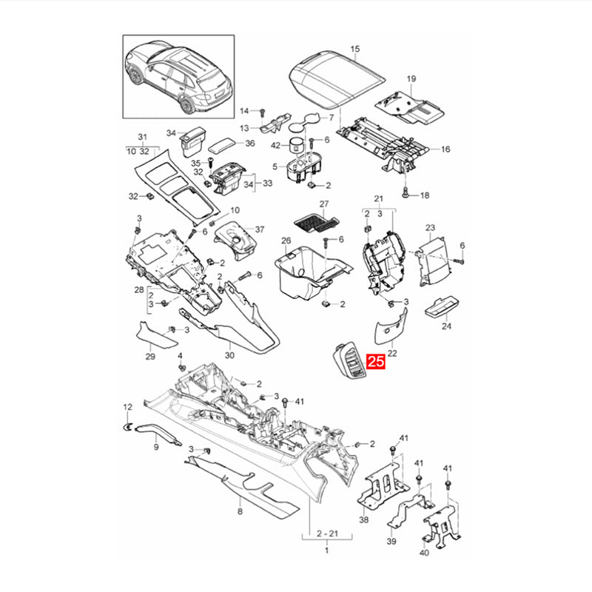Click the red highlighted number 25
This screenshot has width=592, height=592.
(376, 361)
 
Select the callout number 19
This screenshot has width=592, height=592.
(411, 78)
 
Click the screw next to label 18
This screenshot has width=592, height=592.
(406, 192)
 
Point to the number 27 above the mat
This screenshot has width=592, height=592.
(324, 204)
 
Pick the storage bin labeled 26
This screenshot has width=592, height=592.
(313, 272)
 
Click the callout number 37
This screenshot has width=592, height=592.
(260, 229)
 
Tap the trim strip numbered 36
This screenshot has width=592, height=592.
(223, 146)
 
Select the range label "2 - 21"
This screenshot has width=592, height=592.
(327, 534)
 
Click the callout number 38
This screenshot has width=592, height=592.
(363, 519)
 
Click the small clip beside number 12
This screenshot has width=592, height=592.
(127, 427)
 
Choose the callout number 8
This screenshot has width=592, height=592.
(240, 511)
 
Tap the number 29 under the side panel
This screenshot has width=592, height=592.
(150, 356)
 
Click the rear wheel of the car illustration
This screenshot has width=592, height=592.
(188, 105)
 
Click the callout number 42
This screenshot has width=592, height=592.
(276, 145)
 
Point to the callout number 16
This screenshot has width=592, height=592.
(445, 149)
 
